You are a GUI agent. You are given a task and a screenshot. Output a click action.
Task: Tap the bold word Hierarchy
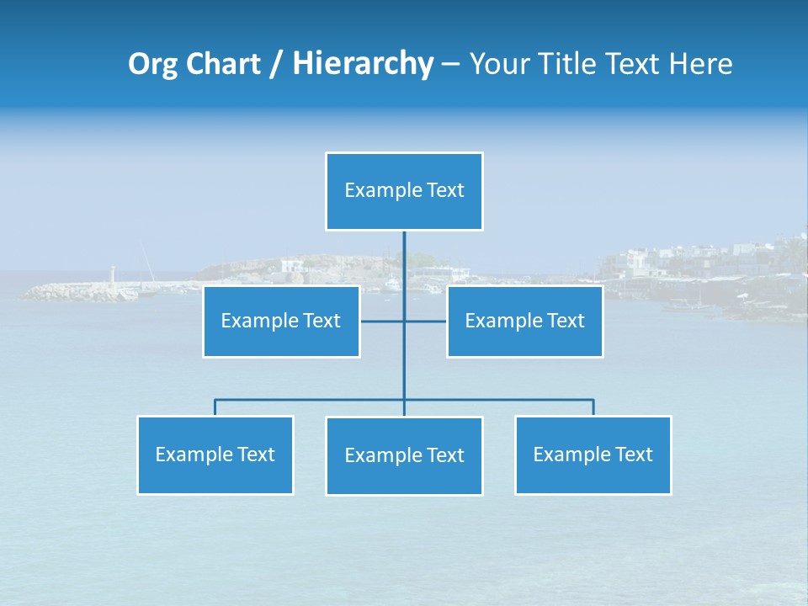[x=362, y=64]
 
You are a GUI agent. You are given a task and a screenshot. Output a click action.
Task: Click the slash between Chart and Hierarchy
[x=275, y=65]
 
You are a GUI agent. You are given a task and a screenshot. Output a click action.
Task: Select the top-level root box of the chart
[x=404, y=191]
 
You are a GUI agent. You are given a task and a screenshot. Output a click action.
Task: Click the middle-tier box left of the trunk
[x=281, y=322]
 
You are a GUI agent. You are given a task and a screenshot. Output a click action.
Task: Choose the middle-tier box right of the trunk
[x=524, y=322]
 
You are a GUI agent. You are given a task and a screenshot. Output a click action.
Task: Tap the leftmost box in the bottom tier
[x=215, y=455]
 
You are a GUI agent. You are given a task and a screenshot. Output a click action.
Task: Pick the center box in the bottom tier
[x=404, y=456]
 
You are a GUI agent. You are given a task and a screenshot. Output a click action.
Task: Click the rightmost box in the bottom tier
[x=593, y=455]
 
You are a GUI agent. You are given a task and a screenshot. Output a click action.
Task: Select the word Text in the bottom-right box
[x=633, y=454]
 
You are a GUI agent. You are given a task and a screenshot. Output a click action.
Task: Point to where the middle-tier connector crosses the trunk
[x=404, y=322]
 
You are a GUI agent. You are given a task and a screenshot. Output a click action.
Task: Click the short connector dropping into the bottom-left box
[x=215, y=407]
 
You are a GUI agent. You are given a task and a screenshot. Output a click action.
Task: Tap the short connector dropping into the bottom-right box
[x=593, y=407]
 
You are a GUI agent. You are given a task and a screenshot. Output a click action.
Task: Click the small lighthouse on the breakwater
[x=112, y=275]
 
